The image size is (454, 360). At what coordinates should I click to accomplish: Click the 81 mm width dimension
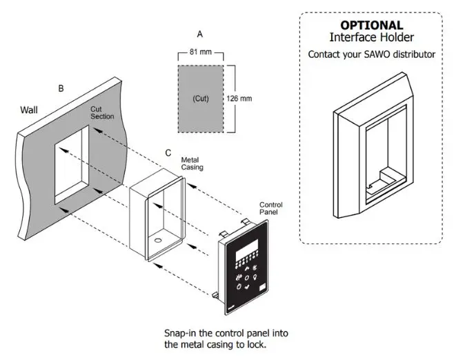[x=200, y=51]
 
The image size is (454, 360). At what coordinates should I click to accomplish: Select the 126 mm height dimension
[x=239, y=99]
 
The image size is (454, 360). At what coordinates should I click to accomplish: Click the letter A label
[x=200, y=33]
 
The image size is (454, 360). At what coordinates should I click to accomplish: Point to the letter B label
[x=61, y=88]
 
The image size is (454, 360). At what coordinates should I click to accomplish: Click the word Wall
[x=30, y=110]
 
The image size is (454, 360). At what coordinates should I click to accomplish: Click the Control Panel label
[x=270, y=209]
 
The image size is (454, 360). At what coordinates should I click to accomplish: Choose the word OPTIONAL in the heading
[x=371, y=26]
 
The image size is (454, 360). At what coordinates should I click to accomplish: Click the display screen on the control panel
[x=246, y=257]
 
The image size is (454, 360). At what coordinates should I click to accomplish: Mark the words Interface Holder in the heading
[x=371, y=37]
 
